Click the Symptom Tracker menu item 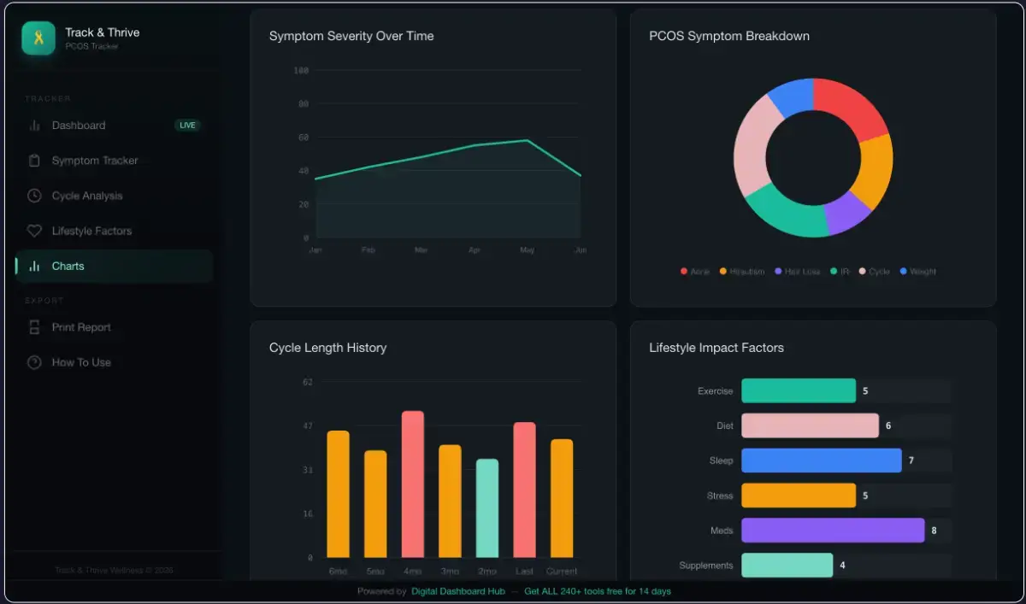pyautogui.click(x=94, y=161)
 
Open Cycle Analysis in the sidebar pyautogui.click(x=86, y=196)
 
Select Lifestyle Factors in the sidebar pyautogui.click(x=91, y=231)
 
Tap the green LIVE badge pyautogui.click(x=187, y=126)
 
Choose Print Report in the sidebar pyautogui.click(x=81, y=327)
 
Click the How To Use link pyautogui.click(x=81, y=362)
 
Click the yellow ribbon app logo pyautogui.click(x=38, y=38)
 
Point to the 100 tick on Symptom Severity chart pyautogui.click(x=301, y=70)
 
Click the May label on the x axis pyautogui.click(x=527, y=250)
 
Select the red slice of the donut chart pyautogui.click(x=850, y=106)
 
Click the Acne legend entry pyautogui.click(x=695, y=272)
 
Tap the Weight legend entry pyautogui.click(x=918, y=272)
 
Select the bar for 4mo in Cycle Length pyautogui.click(x=413, y=484)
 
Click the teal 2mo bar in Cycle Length pyautogui.click(x=487, y=508)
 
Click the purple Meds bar pyautogui.click(x=832, y=531)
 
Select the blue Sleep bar pyautogui.click(x=821, y=460)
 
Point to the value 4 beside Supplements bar pyautogui.click(x=842, y=566)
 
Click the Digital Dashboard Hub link pyautogui.click(x=457, y=591)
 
